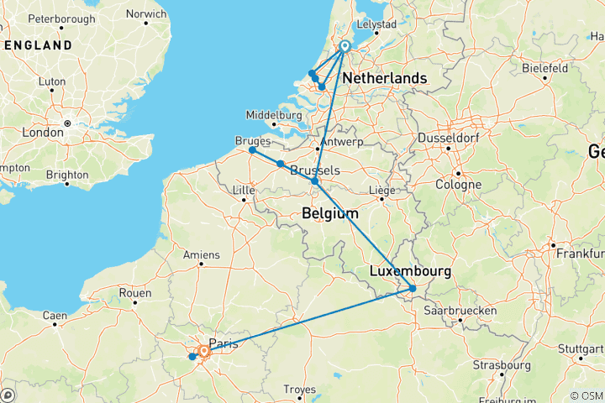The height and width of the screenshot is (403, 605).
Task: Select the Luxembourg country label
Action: [x=409, y=272]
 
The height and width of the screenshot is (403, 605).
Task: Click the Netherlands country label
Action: [x=384, y=78]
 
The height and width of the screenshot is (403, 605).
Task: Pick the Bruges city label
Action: [x=254, y=140]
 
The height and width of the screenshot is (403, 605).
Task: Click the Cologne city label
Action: [x=458, y=185]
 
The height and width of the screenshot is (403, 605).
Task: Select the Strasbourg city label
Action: [x=496, y=365]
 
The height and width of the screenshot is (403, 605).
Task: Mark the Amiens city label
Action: [x=202, y=254]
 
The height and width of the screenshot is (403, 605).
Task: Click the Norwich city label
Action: [x=145, y=13]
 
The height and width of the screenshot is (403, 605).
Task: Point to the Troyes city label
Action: [x=301, y=389]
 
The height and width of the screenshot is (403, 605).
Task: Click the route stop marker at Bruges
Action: [x=252, y=150]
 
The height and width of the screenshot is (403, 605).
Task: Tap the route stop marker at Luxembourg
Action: [x=413, y=289]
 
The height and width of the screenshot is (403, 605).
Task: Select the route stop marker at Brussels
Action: [x=315, y=181]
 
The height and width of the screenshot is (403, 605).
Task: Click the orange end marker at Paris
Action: [x=203, y=352]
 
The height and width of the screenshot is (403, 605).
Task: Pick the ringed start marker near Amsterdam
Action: [x=345, y=46]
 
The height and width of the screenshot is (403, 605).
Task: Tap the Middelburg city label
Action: [x=273, y=114]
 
